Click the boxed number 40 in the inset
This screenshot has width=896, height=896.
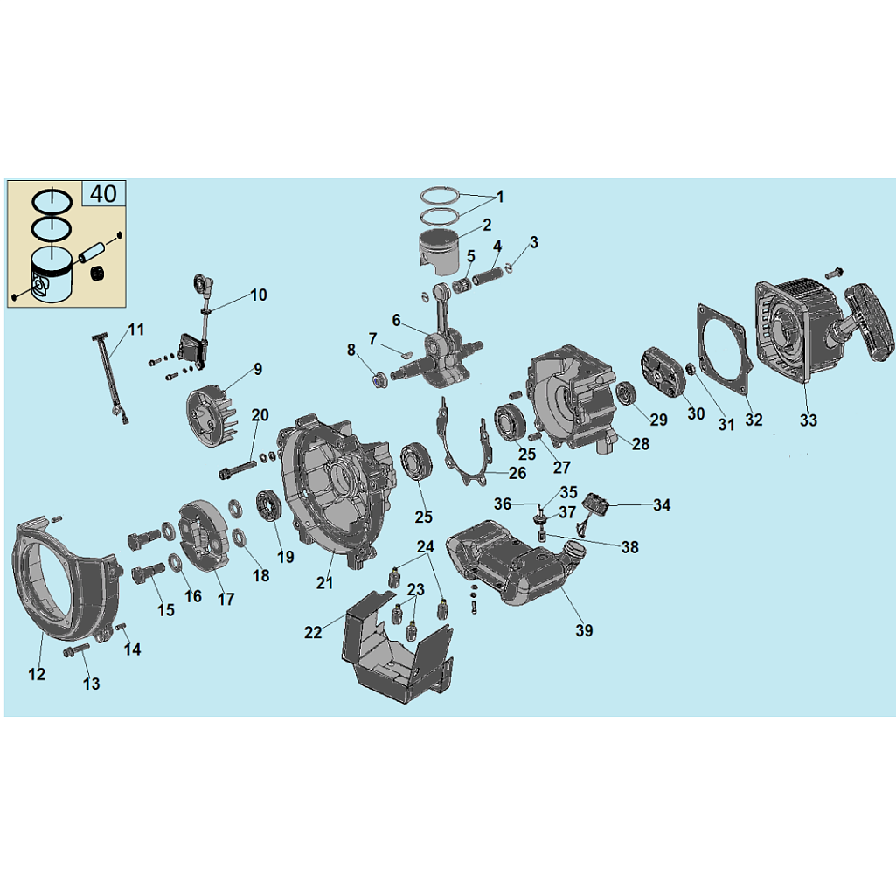103,194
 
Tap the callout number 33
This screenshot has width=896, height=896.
808,420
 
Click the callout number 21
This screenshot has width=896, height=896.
324,582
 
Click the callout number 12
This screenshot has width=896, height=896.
37,674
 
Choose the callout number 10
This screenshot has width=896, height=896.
258,295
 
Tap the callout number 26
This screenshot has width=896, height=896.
517,473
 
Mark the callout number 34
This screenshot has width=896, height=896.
662,505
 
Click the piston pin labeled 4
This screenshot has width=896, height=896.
487,276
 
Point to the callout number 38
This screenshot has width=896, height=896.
629,547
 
